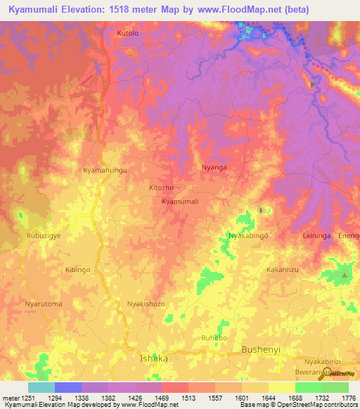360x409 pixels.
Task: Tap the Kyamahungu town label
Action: (105, 171)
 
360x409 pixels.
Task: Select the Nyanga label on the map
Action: (214, 168)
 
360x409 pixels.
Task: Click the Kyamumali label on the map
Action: (181, 202)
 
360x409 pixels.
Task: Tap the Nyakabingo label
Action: (248, 236)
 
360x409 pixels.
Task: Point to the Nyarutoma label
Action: (44, 304)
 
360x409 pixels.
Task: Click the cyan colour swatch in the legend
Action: (41, 387)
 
